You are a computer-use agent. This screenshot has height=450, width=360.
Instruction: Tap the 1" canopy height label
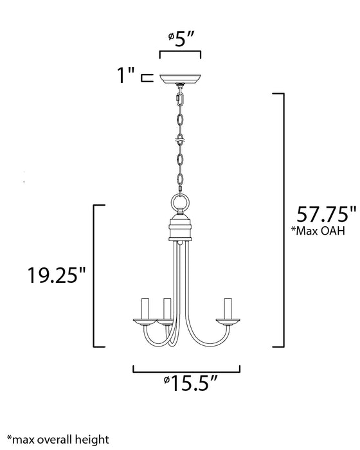click(x=126, y=78)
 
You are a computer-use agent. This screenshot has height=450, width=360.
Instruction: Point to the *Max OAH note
click(x=318, y=231)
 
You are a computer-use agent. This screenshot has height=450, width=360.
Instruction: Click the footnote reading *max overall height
click(x=54, y=439)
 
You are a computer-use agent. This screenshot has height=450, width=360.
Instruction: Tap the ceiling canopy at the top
click(x=180, y=80)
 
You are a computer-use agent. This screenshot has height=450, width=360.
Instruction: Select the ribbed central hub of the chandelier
click(x=180, y=230)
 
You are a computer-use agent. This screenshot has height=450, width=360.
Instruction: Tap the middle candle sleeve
click(x=167, y=309)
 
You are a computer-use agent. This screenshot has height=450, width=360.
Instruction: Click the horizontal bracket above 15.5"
click(x=186, y=369)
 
